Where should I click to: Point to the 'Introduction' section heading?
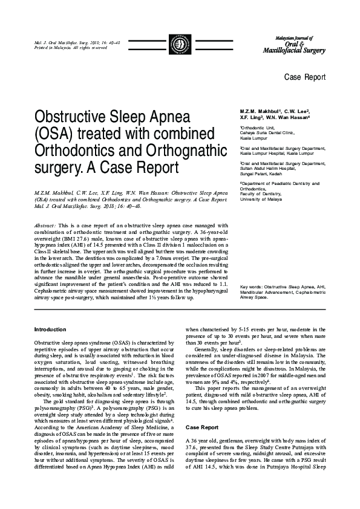[x=50, y=329]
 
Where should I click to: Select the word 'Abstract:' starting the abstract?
[x=46, y=225]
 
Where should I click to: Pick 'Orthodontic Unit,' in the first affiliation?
[x=259, y=128]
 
